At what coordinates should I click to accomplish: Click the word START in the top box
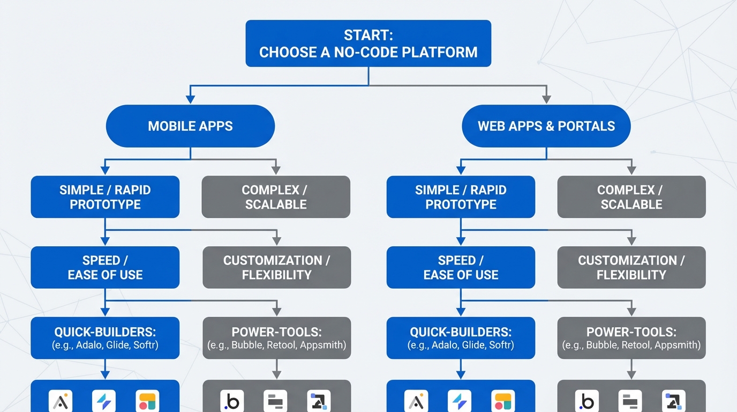coord(368,35)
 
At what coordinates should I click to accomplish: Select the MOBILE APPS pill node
coord(190,126)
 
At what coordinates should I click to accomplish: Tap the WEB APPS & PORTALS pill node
coord(546,126)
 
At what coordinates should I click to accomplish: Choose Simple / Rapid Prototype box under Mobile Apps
coord(105,197)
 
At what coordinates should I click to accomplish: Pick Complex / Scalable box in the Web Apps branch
coord(631,197)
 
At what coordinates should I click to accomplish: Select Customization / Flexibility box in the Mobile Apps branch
coord(276,267)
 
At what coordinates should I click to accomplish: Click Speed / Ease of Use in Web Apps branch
coord(461,267)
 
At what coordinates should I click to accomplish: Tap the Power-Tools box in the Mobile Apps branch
coord(276,338)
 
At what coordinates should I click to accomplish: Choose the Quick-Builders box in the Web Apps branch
coord(461,338)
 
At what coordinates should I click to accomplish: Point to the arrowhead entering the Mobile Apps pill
coord(190,99)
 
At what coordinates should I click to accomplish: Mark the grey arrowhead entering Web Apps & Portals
coord(546,99)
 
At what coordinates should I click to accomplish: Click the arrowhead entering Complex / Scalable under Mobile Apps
coord(276,170)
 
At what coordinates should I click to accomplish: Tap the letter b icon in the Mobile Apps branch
coord(232,401)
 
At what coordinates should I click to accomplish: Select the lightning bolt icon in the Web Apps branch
coord(460,401)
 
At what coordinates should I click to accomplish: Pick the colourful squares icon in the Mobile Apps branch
coord(147,401)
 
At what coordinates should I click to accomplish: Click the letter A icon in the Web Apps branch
coord(416,401)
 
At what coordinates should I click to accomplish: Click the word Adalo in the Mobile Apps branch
coord(87,345)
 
